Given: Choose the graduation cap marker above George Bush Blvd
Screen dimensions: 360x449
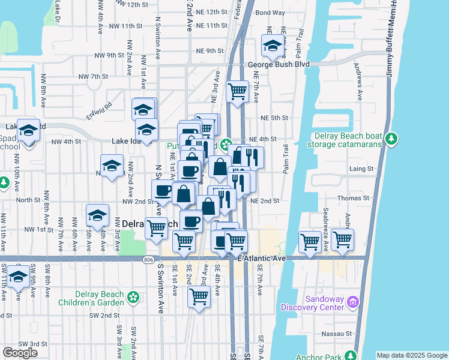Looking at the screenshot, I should (x=273, y=46).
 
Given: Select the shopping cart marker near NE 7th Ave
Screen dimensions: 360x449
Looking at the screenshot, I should (x=238, y=91).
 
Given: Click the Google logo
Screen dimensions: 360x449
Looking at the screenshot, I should (x=20, y=353).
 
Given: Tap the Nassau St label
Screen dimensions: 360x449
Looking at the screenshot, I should (x=339, y=333).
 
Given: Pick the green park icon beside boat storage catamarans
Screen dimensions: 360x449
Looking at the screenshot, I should (x=391, y=139).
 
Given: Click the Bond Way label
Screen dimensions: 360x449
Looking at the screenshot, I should (x=270, y=12).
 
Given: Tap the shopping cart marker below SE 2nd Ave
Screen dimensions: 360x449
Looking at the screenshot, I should (x=198, y=296).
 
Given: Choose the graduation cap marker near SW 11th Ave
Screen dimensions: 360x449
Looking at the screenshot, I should (x=18, y=277).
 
